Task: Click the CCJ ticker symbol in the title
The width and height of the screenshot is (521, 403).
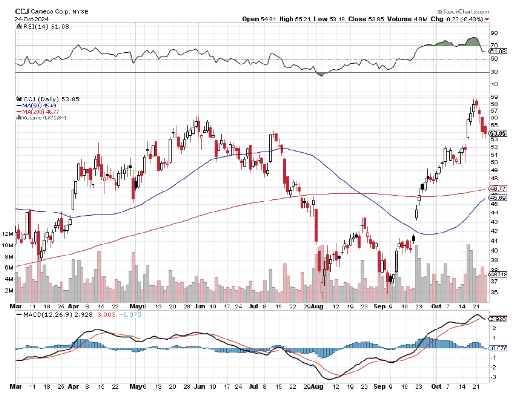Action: tap(22, 11)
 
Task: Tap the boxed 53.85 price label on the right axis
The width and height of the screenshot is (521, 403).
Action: tap(498, 133)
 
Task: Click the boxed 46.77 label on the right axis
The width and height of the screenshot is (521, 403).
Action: tap(498, 189)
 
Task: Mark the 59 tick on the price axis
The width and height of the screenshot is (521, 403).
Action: tap(494, 96)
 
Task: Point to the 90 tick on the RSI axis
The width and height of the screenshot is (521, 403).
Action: tap(495, 33)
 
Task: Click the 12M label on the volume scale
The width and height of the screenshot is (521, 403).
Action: tap(20, 234)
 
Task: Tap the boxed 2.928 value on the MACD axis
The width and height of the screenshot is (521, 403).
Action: tap(498, 319)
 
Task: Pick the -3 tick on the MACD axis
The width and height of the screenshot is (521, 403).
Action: tap(494, 377)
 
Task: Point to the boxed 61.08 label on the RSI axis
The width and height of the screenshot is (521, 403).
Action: tap(498, 51)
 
